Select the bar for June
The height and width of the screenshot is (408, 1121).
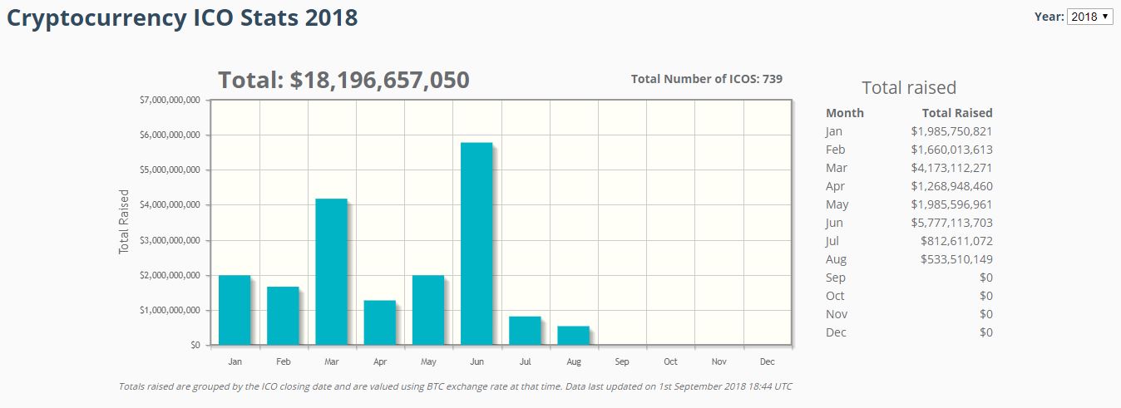(x=477, y=244)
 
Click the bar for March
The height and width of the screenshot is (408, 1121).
(x=331, y=272)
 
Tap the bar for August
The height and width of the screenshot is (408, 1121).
(x=573, y=335)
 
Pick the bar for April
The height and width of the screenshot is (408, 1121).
(x=379, y=322)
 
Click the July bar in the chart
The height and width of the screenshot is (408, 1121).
(x=525, y=331)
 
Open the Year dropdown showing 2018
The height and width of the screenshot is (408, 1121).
(x=1090, y=17)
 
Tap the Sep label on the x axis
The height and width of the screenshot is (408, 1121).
(x=622, y=361)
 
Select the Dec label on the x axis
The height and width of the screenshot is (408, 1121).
(x=767, y=361)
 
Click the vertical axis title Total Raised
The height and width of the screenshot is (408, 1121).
(x=125, y=222)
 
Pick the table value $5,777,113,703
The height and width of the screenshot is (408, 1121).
(x=951, y=223)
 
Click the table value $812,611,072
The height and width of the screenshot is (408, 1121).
(x=956, y=241)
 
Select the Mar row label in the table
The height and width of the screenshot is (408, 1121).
(x=836, y=168)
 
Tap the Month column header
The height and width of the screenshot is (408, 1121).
(x=845, y=113)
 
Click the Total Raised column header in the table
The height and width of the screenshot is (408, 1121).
(x=957, y=113)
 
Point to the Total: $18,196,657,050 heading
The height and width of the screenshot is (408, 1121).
(x=343, y=81)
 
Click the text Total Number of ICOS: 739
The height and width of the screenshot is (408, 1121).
(x=706, y=79)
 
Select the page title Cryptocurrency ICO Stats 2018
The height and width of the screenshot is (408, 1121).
(x=182, y=18)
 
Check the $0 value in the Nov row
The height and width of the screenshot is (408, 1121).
(x=985, y=314)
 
